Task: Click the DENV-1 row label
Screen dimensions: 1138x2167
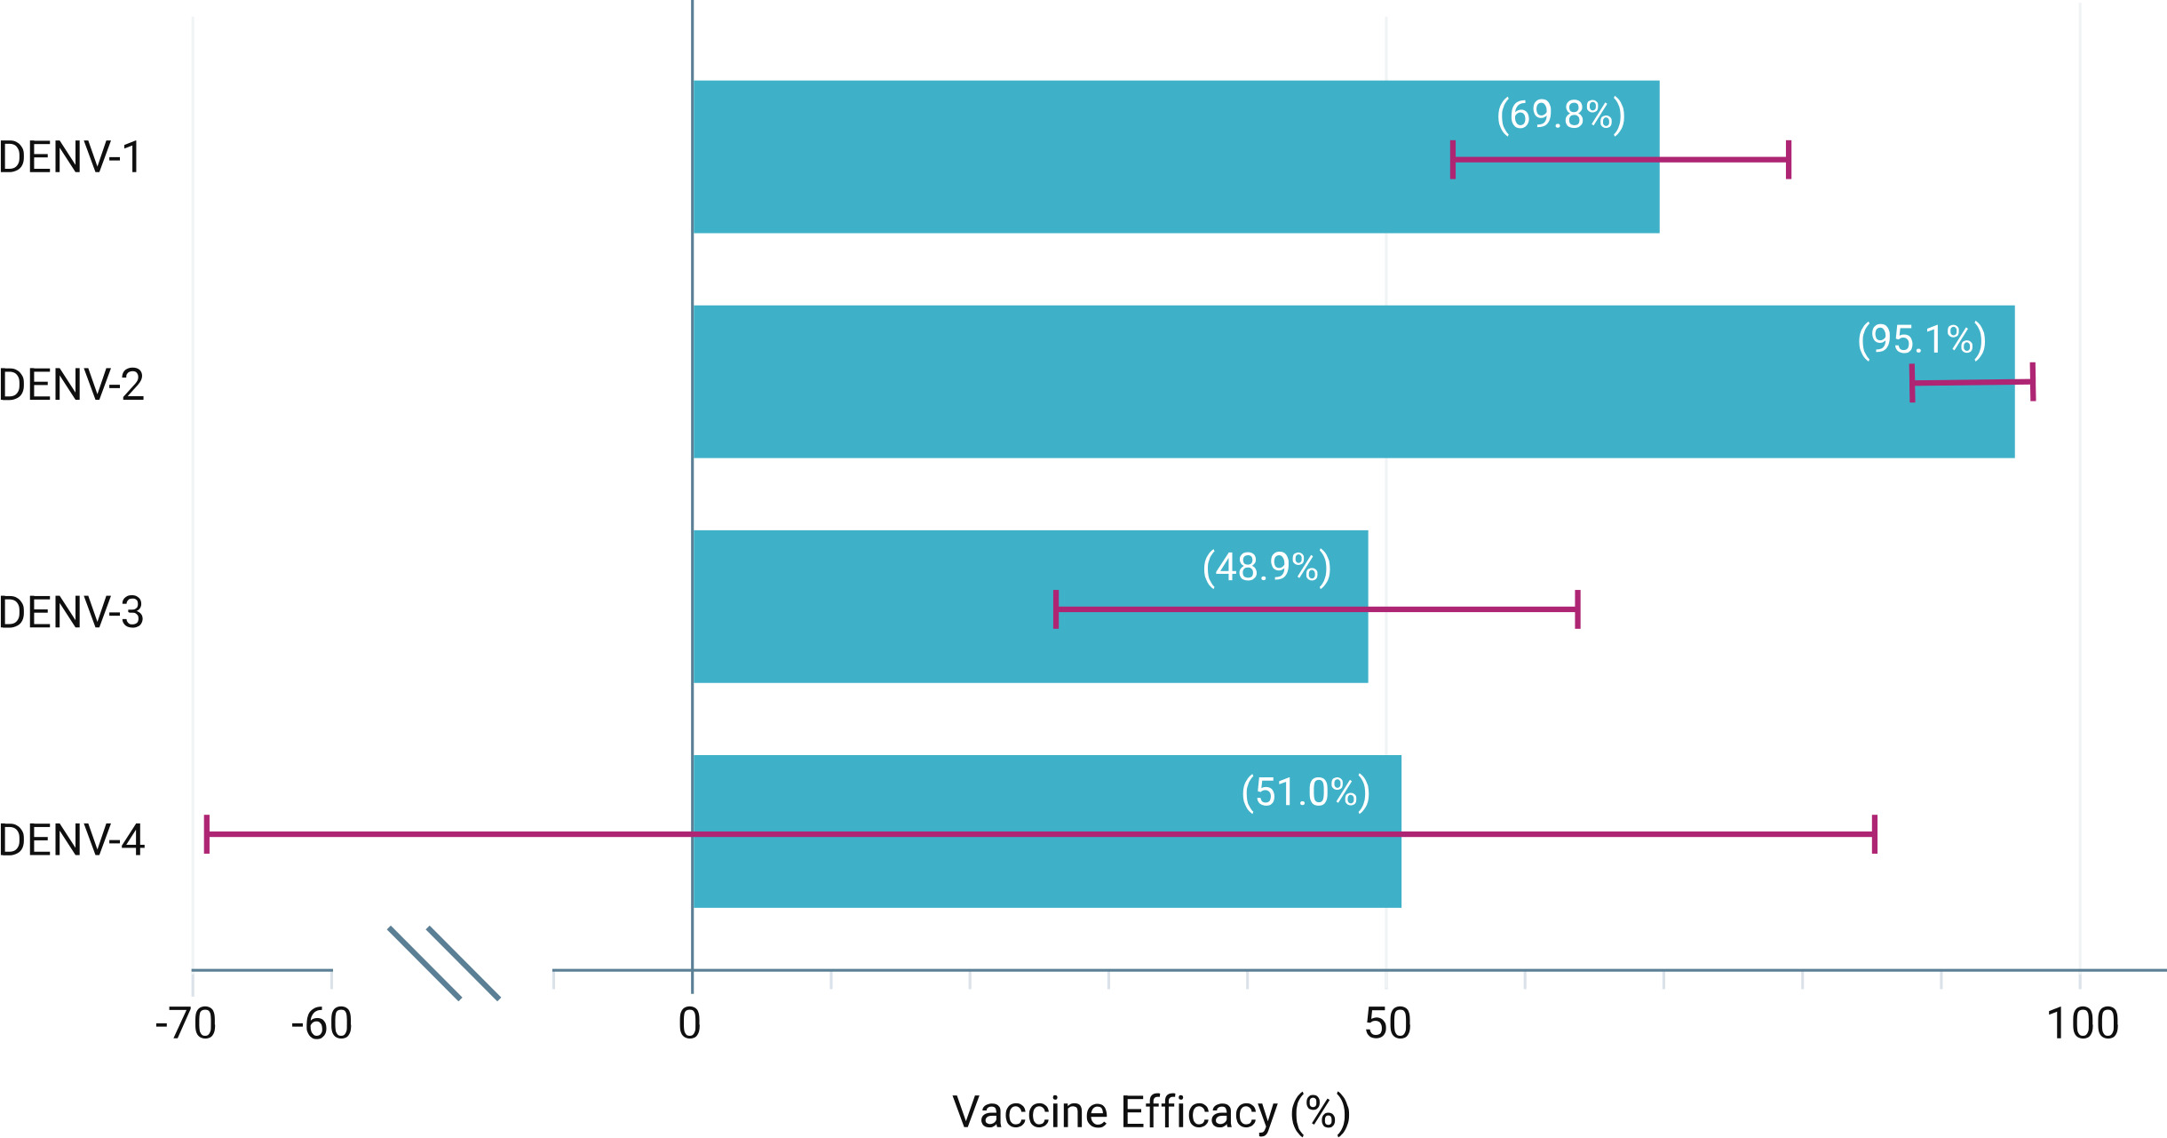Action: [x=70, y=157]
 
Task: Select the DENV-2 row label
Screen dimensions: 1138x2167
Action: [x=71, y=385]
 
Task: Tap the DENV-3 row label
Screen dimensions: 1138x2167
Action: [x=71, y=612]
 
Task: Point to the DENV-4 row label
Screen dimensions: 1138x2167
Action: [x=71, y=840]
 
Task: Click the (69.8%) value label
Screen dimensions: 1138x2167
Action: [x=1560, y=115]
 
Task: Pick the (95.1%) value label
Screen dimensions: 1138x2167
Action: [x=1922, y=339]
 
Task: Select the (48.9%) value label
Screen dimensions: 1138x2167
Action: [x=1266, y=567]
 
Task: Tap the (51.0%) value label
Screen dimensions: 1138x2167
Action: [x=1306, y=792]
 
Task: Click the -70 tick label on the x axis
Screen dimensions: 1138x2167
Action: [x=186, y=1024]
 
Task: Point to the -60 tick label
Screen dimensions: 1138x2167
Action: [x=322, y=1024]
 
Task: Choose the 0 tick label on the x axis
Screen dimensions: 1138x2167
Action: [x=690, y=1024]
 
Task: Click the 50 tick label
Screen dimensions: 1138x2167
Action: [x=1387, y=1024]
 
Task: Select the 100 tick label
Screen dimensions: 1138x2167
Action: [x=2082, y=1024]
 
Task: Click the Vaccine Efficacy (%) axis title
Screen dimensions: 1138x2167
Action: [x=1151, y=1112]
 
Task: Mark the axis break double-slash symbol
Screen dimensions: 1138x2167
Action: [x=444, y=963]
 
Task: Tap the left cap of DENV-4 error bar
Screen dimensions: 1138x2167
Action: [x=207, y=834]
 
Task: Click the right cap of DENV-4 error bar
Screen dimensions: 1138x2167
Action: [x=1875, y=834]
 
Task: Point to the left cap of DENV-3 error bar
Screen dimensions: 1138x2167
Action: [x=1056, y=609]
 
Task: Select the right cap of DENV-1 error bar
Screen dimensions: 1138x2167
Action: [x=1789, y=160]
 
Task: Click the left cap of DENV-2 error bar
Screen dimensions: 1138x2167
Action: [x=1912, y=383]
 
